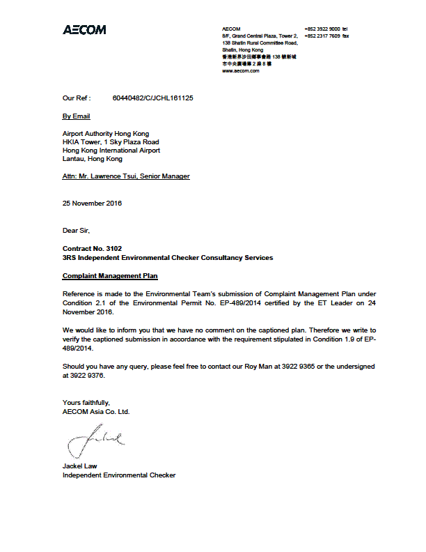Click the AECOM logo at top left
click(x=84, y=30)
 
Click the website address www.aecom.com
click(x=241, y=70)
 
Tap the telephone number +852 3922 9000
click(x=322, y=29)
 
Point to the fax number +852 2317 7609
click(x=322, y=36)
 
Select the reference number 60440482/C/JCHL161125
click(x=152, y=98)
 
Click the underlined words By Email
click(x=77, y=116)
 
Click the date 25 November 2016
click(x=92, y=204)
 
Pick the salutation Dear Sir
click(x=76, y=230)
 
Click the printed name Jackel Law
click(x=80, y=466)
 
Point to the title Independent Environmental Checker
click(x=119, y=475)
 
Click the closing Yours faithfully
click(x=86, y=402)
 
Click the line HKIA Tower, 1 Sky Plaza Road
click(x=111, y=142)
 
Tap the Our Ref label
click(x=77, y=98)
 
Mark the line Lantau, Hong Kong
click(x=93, y=159)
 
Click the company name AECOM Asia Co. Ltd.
click(x=96, y=411)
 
